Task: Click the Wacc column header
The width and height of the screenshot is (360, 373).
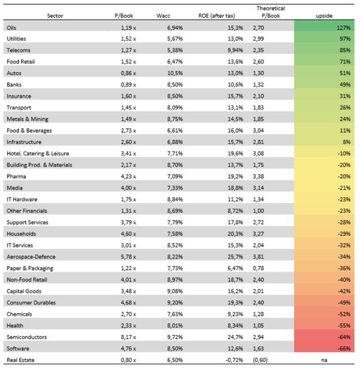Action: click(x=163, y=16)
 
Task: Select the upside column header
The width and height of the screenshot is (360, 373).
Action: click(x=324, y=16)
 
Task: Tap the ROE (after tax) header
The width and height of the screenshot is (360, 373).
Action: click(x=217, y=16)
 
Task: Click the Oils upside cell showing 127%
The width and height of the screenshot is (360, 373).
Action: click(x=344, y=28)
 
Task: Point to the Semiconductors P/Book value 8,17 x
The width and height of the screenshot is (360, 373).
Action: click(x=128, y=337)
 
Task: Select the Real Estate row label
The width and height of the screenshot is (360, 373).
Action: click(x=20, y=360)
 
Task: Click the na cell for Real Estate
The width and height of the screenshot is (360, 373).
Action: click(x=324, y=360)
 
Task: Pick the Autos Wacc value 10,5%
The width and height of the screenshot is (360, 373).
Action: click(x=175, y=73)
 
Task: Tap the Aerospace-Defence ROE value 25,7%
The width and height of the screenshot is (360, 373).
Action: click(x=235, y=257)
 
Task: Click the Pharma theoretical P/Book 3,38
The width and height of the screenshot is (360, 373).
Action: click(x=258, y=176)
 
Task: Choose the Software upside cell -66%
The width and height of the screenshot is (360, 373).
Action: click(x=344, y=349)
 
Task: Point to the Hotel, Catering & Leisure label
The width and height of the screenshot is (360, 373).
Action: click(x=38, y=154)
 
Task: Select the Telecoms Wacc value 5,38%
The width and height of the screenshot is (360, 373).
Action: click(x=175, y=50)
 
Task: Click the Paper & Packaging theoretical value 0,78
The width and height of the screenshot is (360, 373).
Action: click(x=258, y=268)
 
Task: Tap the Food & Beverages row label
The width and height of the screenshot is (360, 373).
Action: click(x=29, y=131)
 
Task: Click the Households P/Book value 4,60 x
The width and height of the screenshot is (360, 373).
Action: click(x=128, y=234)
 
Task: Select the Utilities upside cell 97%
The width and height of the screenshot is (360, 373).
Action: click(x=345, y=39)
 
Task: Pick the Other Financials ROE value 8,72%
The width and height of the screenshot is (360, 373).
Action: click(x=235, y=211)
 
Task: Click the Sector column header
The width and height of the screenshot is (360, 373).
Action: click(x=55, y=16)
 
